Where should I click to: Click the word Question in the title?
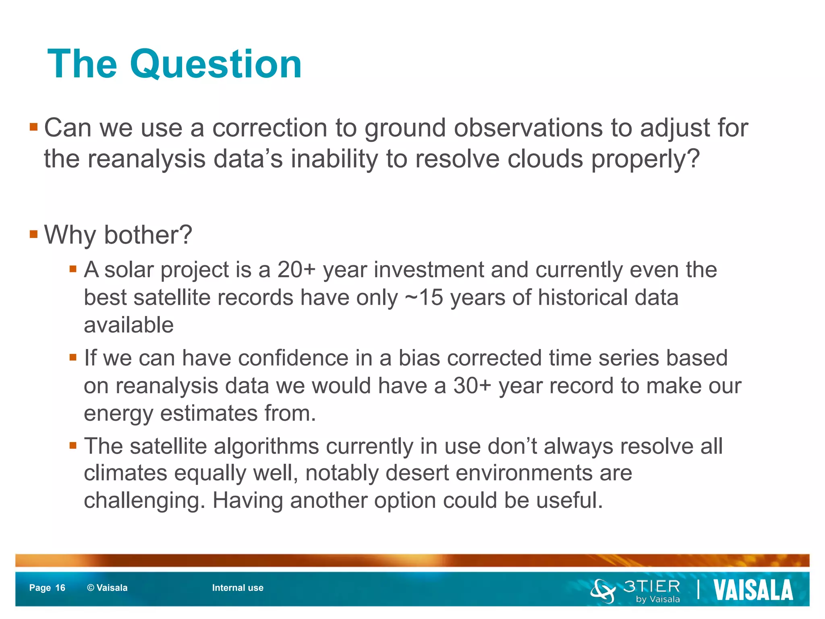pos(216,64)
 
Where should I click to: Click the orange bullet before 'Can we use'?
pos(34,128)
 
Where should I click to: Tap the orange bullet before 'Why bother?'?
pos(34,234)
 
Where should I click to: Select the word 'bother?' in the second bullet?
pos(148,235)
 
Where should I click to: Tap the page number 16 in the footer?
pos(60,588)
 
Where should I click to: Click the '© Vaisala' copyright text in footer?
pos(107,588)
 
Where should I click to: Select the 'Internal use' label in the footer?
pos(238,588)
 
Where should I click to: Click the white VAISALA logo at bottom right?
pos(753,590)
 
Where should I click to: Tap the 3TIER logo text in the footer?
pos(652,586)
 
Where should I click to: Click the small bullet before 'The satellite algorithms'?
pos(73,445)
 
